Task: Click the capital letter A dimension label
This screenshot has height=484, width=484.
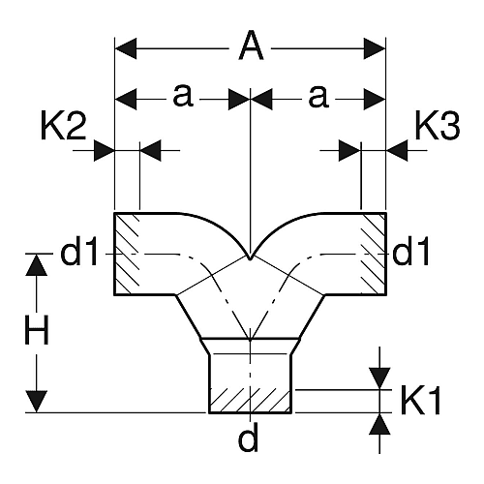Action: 251,45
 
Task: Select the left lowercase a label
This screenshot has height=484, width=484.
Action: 183,96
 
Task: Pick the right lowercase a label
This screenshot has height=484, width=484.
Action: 318,96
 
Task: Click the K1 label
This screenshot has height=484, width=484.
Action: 421,400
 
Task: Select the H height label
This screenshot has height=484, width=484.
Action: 37,330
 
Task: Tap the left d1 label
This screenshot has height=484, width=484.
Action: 78,251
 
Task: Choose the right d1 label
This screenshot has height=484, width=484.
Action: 410,251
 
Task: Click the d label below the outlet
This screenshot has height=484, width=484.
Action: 249,437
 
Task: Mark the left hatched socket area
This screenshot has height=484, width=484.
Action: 127,254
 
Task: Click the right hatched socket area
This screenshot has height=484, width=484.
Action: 374,254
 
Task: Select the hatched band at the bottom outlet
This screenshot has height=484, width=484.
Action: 251,401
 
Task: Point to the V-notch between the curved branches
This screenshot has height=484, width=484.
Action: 250,257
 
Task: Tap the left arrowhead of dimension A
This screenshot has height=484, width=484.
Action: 126,48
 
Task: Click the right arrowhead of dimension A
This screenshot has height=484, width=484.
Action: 375,48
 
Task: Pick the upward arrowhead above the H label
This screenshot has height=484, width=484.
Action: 37,265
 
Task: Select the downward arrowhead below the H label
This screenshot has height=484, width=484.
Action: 37,402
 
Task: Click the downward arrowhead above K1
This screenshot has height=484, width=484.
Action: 379,378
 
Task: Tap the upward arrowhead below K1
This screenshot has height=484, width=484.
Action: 379,424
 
